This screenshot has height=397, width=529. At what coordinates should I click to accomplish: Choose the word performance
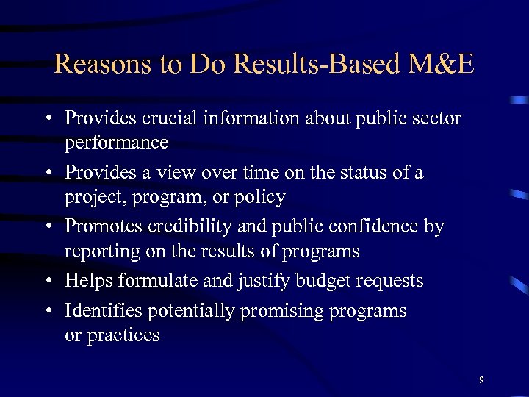(116, 142)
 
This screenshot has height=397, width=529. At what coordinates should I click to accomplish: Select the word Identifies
(104, 311)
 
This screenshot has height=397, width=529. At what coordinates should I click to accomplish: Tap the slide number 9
(481, 379)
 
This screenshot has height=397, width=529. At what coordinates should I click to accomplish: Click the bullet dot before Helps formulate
(46, 282)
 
